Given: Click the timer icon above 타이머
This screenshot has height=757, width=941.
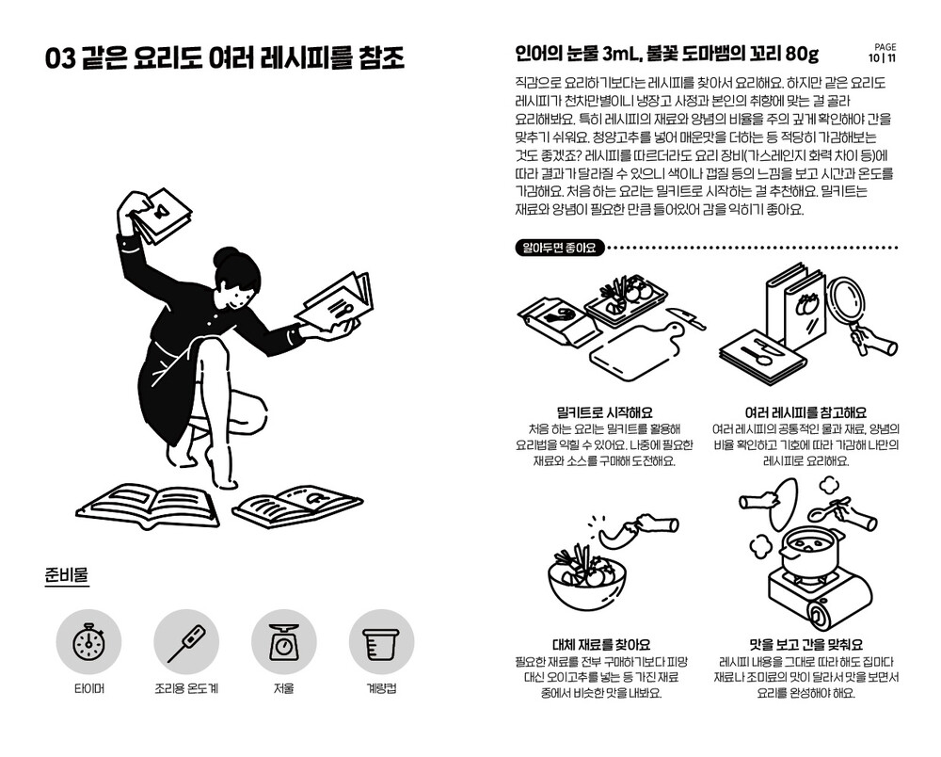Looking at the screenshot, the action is (88, 641).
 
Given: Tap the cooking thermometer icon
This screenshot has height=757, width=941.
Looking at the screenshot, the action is (186, 641).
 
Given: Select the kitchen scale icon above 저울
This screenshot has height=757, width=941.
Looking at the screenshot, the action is (283, 641).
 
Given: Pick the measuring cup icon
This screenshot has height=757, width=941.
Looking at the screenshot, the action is (381, 641).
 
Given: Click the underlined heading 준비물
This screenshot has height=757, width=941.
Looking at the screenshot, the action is (67, 574).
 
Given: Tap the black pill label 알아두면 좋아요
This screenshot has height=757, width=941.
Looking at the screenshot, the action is (559, 248).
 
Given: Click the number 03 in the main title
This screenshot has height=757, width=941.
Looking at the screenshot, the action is (60, 58).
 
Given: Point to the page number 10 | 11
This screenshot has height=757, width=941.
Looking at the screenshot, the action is (883, 58).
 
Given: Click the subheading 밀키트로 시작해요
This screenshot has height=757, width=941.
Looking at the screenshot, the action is (604, 412).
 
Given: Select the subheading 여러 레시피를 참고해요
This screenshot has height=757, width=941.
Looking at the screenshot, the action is (805, 412).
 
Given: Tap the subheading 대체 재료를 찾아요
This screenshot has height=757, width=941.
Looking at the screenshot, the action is (601, 645).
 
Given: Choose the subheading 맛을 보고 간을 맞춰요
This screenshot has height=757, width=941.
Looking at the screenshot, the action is (806, 645).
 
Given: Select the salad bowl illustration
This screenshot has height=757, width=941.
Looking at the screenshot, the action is (586, 572).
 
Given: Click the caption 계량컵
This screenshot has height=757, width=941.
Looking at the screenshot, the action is (381, 688).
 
